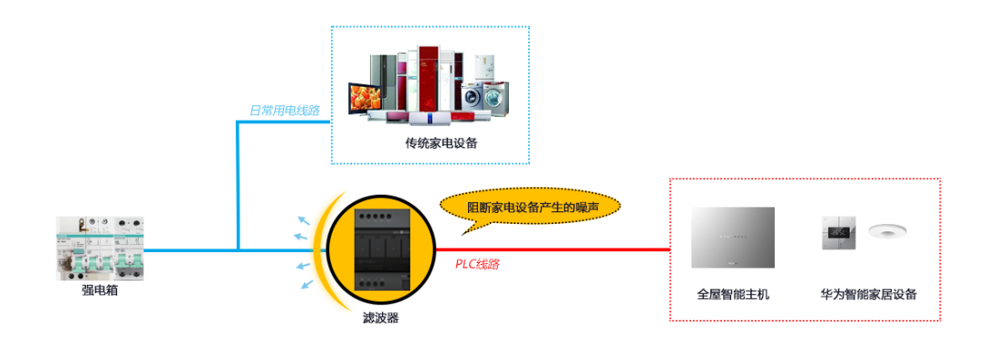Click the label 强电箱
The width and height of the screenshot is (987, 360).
(100, 291)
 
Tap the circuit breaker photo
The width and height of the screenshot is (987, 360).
(100, 248)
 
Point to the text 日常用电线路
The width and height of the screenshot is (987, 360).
(284, 111)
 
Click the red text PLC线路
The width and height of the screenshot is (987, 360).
(477, 264)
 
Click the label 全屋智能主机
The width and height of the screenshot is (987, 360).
(733, 294)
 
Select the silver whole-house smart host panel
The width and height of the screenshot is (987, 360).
(733, 237)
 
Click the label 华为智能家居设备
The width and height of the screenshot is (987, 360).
(868, 294)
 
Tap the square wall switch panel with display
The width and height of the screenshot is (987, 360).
(838, 234)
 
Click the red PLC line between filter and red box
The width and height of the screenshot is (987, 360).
(567, 249)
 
